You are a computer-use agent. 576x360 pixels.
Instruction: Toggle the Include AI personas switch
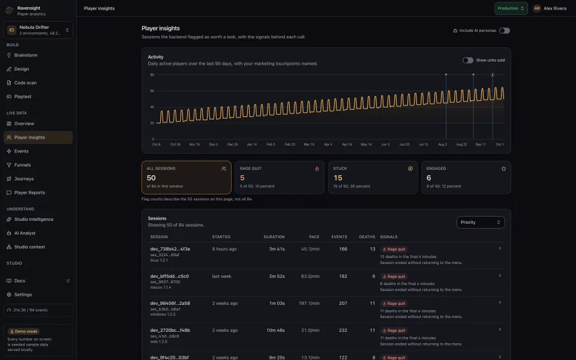pos(505,31)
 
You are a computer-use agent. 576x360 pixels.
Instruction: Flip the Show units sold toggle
pos(467,60)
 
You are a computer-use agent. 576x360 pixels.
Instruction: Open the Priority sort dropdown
pos(481,222)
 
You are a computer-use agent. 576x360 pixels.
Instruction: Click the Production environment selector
pos(511,8)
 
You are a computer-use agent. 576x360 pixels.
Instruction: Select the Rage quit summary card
pos(280,178)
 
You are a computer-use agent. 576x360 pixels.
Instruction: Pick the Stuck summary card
pos(373,178)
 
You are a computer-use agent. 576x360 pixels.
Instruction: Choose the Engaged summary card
pos(466,178)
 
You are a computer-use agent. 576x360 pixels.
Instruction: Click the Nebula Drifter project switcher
pos(38,30)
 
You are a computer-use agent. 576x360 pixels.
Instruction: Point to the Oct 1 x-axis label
pos(500,145)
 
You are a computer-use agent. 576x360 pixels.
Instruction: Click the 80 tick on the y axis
pos(152,74)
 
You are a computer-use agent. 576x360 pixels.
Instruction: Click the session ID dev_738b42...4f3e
pos(170,249)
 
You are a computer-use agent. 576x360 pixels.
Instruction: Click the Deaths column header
pos(367,237)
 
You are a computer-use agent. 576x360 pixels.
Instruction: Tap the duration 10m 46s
pos(275,330)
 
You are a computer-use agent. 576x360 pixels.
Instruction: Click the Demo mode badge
pos(24,331)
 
